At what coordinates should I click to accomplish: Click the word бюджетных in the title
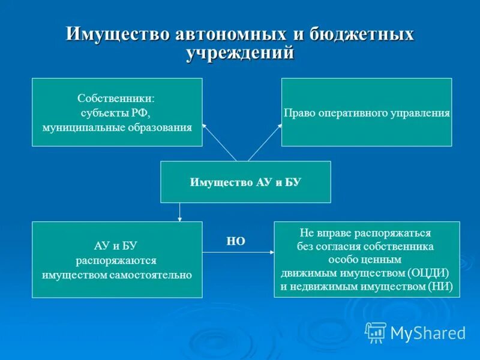[362, 34]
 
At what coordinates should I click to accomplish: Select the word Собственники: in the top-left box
[116, 98]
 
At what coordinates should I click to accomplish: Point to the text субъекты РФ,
[116, 112]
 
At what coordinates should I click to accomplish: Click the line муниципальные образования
[116, 127]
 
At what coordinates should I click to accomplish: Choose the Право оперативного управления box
[366, 112]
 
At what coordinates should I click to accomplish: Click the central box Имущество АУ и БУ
[245, 182]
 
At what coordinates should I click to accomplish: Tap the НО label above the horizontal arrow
[236, 241]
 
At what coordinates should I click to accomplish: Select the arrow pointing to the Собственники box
[219, 142]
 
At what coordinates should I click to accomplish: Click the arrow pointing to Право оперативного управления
[264, 143]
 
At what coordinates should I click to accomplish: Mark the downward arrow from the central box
[180, 212]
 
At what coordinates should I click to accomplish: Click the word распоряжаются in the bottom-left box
[116, 260]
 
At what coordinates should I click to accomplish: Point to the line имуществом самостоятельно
[116, 275]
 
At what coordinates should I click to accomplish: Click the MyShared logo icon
[376, 331]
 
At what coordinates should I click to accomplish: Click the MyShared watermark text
[428, 332]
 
